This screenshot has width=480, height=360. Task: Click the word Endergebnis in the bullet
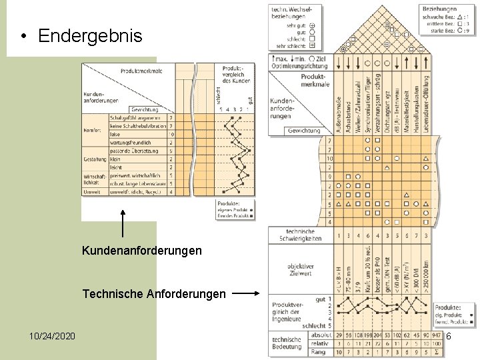point(90,36)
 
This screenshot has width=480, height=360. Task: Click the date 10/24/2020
point(52,335)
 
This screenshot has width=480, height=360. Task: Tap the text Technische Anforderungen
point(154,293)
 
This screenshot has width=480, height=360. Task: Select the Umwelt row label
point(92,191)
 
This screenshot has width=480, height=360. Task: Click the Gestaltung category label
point(94,159)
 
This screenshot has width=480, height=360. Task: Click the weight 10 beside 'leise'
point(171,134)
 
